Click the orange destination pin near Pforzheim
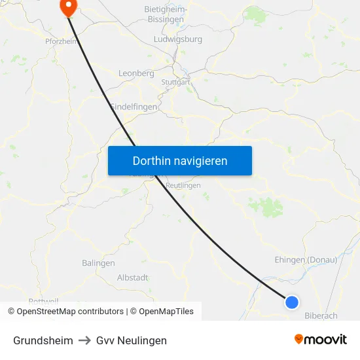click(68, 7)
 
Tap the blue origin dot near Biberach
click(292, 302)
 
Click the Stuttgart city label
click(175, 82)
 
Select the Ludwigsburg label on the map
click(177, 39)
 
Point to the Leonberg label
click(135, 74)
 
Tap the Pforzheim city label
click(62, 41)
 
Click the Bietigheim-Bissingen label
click(166, 15)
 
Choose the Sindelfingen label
click(134, 107)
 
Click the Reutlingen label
click(183, 186)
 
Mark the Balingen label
click(98, 263)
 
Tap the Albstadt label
click(132, 278)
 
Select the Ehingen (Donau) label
click(306, 260)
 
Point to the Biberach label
click(321, 315)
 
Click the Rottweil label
click(44, 301)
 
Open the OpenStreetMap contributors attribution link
click(70, 312)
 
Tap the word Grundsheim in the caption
click(43, 340)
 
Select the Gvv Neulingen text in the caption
click(132, 340)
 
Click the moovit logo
click(321, 340)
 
